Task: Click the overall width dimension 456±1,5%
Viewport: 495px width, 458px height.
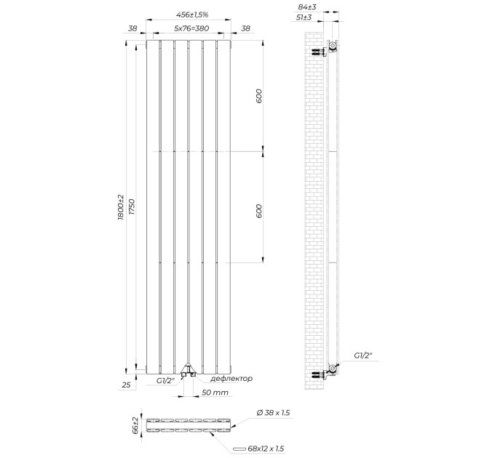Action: (x=192, y=15)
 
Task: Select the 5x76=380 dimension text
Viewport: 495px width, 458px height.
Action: (x=191, y=28)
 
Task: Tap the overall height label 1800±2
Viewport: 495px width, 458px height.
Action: (x=121, y=207)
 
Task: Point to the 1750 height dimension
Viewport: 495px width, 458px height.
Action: (x=132, y=207)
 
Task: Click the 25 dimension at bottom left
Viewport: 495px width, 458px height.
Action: (x=126, y=385)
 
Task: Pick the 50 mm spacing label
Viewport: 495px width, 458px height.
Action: (x=215, y=393)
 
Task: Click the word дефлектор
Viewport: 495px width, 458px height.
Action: (x=231, y=378)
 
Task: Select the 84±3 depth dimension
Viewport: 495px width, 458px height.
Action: (x=307, y=7)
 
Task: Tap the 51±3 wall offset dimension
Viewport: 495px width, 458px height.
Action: (x=304, y=17)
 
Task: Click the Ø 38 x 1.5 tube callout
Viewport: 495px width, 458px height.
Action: (x=273, y=413)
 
